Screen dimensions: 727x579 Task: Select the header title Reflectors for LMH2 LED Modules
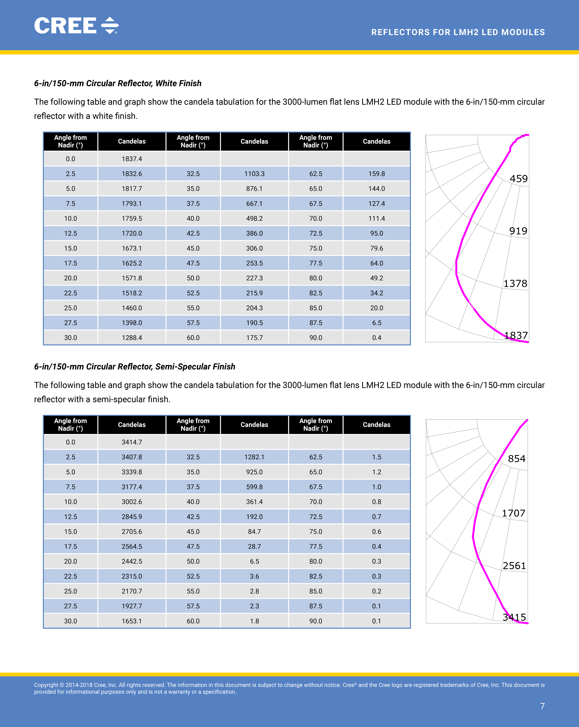[458, 32]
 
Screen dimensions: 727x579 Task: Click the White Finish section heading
[118, 83]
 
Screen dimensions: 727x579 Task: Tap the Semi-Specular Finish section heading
[135, 367]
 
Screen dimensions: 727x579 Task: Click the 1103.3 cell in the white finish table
[254, 174]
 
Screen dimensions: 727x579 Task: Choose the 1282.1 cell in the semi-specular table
[254, 457]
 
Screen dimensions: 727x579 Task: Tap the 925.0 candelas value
[254, 472]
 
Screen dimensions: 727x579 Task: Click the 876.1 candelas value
[254, 188]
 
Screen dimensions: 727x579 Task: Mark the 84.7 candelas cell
[254, 531]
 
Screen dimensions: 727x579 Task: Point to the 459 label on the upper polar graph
[518, 179]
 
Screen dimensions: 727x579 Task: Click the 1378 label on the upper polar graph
[515, 284]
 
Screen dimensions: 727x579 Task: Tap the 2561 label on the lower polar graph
[514, 566]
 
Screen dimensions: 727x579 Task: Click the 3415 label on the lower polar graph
[514, 617]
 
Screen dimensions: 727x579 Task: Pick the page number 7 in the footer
[542, 706]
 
